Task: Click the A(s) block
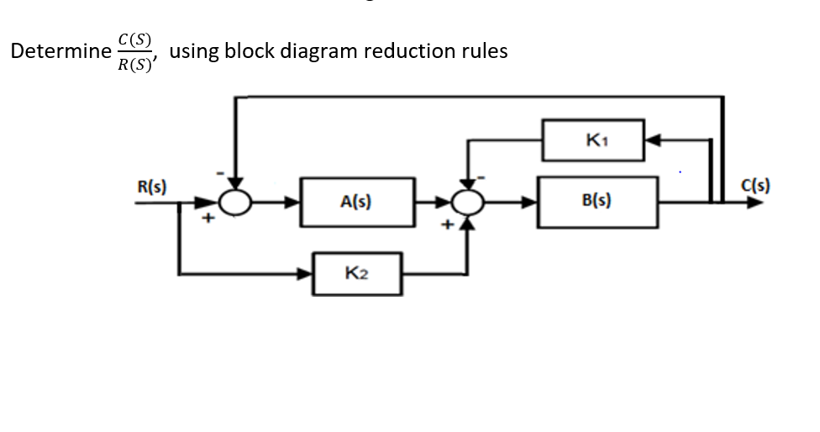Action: (357, 202)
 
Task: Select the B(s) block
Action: (597, 202)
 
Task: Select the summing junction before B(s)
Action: (469, 202)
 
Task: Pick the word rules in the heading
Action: (485, 51)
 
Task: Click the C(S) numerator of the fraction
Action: (135, 38)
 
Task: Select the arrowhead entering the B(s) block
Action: (531, 202)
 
